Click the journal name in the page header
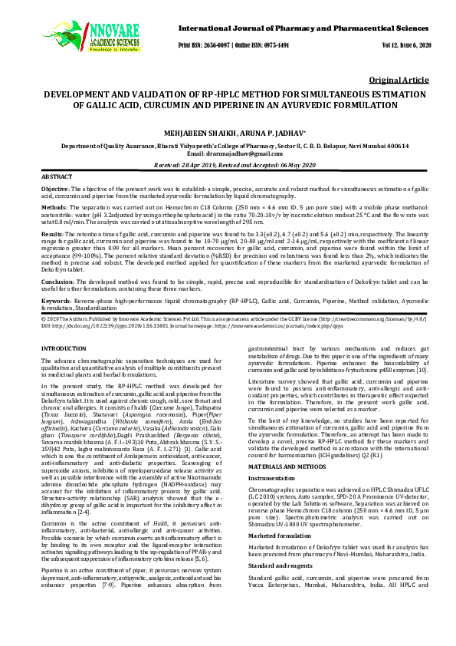coord(305,28)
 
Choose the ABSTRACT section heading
coord(56,176)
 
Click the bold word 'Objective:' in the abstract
coord(54,189)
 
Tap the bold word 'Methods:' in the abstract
coord(53,206)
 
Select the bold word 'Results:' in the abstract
coord(52,232)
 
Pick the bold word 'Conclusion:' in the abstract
coord(57,282)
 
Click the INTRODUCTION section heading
coord(64,348)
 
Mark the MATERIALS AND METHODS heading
coord(290,467)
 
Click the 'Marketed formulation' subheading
coord(278,536)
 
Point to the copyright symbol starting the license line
coord(43,317)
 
